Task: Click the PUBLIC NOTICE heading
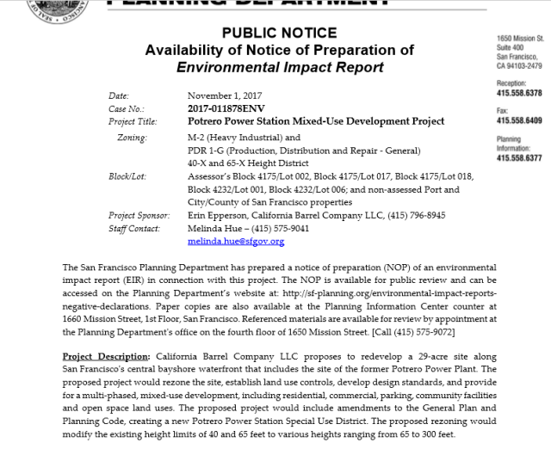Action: (279, 34)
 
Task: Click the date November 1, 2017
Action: (225, 95)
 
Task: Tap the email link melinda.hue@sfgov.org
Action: (235, 242)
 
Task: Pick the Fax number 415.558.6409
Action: (519, 120)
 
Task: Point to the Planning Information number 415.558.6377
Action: (519, 158)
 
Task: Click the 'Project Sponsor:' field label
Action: (139, 216)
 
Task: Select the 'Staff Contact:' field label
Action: (134, 229)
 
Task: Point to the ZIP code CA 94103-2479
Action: (519, 65)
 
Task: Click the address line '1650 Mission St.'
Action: (520, 40)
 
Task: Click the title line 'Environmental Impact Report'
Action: (279, 66)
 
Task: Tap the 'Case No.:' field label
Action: (127, 108)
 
